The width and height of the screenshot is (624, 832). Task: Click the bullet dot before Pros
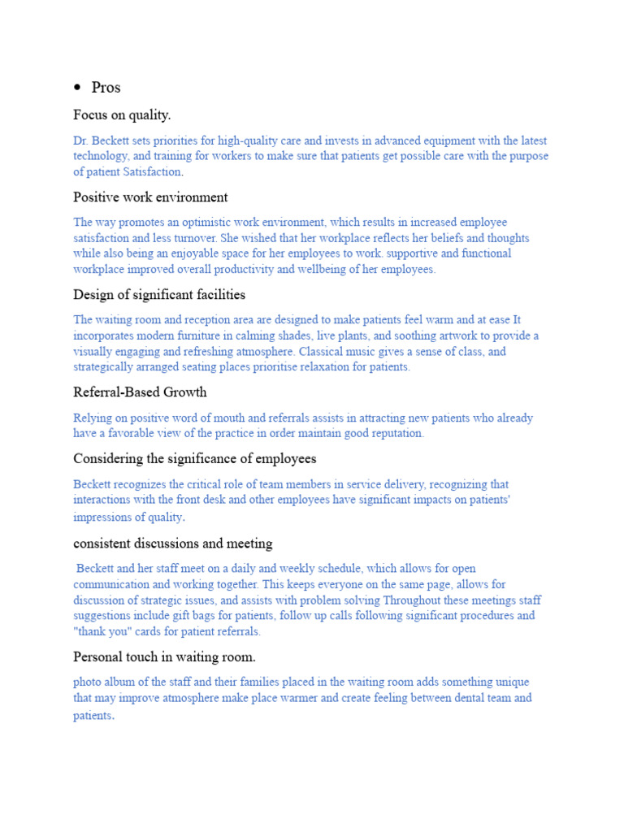[78, 88]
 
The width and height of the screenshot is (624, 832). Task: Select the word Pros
[106, 88]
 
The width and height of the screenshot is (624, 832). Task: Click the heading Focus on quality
[122, 115]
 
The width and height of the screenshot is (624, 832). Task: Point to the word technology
[101, 156]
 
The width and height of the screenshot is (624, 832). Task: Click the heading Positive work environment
[150, 197]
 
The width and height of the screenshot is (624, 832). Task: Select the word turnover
[186, 238]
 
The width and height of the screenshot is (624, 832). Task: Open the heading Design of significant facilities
[159, 294]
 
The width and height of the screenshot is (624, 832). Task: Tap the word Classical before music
[325, 352]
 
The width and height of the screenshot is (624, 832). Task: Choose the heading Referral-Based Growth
[140, 392]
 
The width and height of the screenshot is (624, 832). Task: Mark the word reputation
[394, 433]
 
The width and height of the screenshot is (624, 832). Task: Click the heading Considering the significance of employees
[195, 458]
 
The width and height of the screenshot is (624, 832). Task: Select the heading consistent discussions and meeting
[173, 543]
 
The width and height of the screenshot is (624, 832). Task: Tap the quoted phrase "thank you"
[101, 631]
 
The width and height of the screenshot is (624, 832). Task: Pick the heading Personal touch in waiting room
[164, 656]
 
